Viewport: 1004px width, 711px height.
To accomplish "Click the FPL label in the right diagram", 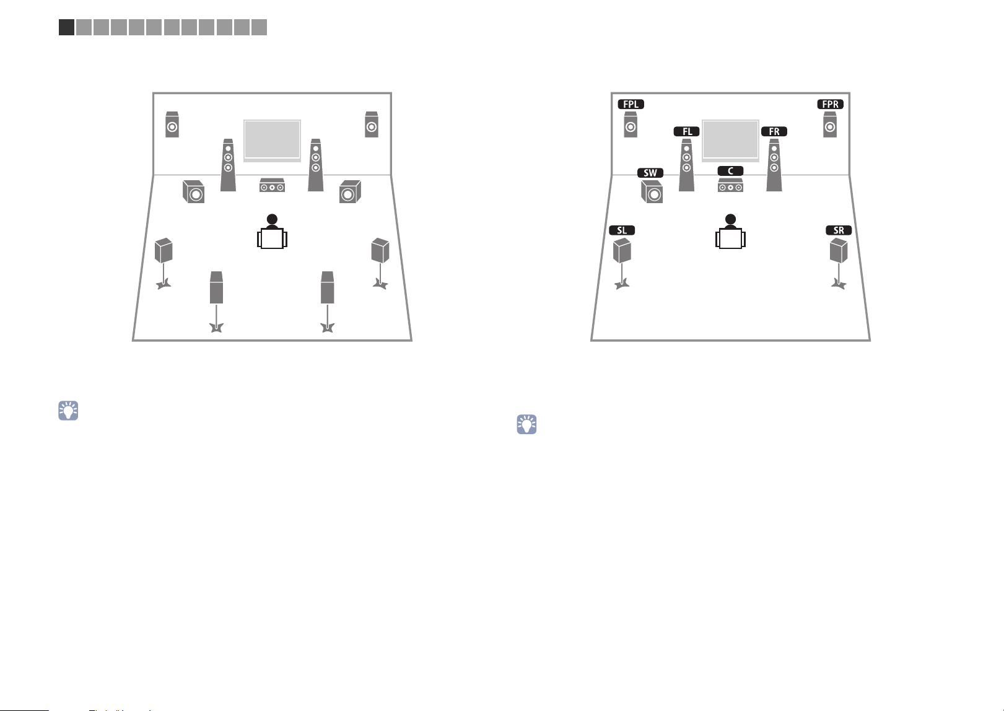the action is [x=631, y=104].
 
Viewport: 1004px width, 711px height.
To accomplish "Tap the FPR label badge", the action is [x=830, y=104].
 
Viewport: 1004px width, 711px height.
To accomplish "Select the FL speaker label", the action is [x=687, y=131].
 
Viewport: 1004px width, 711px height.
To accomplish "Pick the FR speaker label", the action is [x=774, y=131].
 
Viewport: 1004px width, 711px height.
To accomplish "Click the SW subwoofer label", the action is [x=650, y=173].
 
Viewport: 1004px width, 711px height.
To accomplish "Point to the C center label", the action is [x=731, y=171].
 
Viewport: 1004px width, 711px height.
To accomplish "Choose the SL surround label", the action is [x=622, y=230].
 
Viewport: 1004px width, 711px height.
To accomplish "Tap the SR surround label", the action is [x=839, y=230].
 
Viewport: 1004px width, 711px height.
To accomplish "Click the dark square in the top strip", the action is [x=66, y=27].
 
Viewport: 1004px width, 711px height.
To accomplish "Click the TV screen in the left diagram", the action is [x=272, y=141].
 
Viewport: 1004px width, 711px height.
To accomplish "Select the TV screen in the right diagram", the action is [x=731, y=141].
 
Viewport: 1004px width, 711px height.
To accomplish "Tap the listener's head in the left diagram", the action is [x=272, y=219].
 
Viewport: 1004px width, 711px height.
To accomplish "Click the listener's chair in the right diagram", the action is [x=731, y=238].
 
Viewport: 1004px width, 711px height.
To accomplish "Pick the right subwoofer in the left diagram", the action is [x=350, y=191].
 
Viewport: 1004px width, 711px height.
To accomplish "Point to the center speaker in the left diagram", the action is [x=272, y=185].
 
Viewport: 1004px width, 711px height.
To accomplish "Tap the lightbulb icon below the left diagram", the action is [x=68, y=411].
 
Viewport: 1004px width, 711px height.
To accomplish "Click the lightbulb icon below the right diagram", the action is [x=526, y=424].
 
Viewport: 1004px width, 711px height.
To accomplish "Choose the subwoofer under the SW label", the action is [x=652, y=192].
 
